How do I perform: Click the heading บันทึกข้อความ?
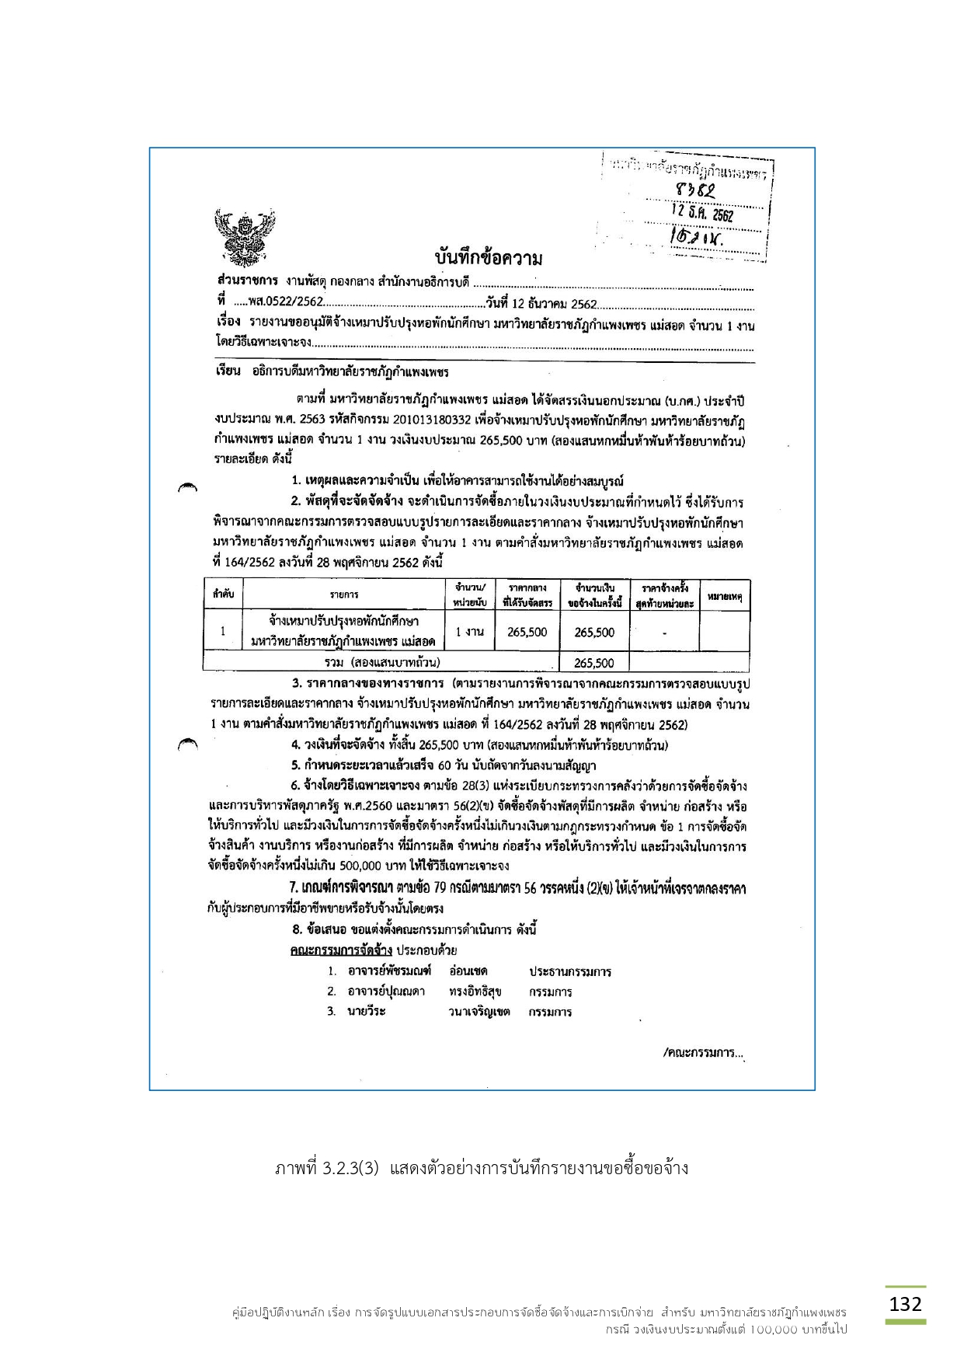[488, 258]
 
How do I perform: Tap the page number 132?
[905, 1304]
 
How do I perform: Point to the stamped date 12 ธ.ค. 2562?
[701, 212]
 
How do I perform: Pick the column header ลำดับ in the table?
[223, 594]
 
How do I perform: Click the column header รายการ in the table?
[343, 594]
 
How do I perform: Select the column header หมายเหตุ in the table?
[725, 596]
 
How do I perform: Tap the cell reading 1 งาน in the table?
[470, 632]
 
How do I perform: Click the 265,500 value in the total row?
[594, 663]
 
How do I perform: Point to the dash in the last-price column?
[664, 633]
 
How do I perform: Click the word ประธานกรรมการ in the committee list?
[570, 971]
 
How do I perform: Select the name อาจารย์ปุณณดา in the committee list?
[386, 992]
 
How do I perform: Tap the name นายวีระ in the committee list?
[367, 1011]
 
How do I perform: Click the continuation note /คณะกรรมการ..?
[704, 1054]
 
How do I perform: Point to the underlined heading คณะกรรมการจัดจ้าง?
[341, 950]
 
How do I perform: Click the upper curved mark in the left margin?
[187, 488]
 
